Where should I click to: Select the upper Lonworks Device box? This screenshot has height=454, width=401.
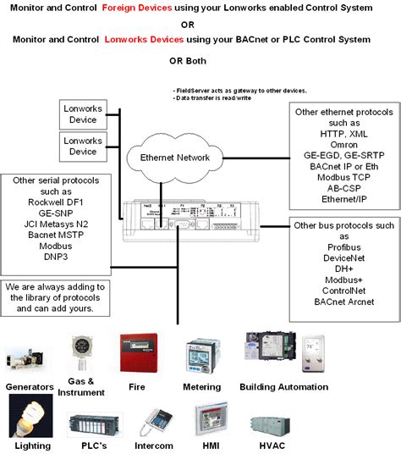(83, 113)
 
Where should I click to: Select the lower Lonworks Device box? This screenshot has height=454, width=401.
(83, 146)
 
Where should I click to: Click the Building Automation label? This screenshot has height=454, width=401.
(283, 387)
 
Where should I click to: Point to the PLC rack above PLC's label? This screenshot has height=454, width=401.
(91, 424)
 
